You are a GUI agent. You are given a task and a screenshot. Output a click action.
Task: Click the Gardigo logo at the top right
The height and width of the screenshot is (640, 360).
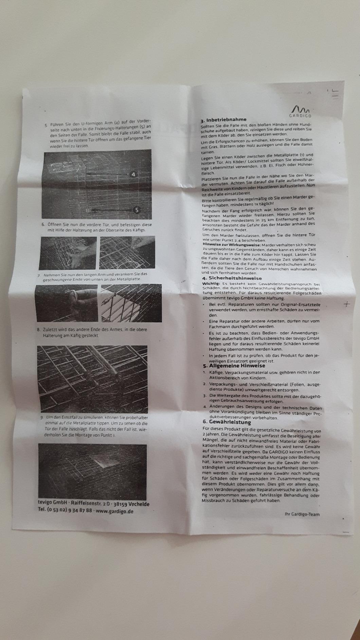coord(301,112)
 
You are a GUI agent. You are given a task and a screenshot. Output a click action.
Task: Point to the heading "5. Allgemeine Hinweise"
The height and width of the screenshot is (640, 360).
coord(234,366)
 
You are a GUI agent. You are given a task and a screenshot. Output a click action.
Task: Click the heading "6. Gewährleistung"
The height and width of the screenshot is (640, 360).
coord(227,422)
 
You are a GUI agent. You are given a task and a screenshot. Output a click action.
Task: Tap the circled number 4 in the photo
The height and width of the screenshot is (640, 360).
coord(133,174)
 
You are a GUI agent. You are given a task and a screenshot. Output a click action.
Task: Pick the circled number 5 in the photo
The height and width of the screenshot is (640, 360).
coord(137,210)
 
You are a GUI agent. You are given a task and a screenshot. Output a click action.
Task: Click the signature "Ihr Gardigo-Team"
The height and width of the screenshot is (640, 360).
coord(302,514)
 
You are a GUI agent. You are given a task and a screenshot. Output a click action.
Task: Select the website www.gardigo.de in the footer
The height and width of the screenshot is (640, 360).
coord(114,511)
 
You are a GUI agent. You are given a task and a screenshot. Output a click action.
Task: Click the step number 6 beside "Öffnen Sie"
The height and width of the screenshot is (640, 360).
coord(43,224)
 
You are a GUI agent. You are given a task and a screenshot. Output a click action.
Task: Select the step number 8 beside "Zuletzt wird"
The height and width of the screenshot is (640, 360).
coord(38,329)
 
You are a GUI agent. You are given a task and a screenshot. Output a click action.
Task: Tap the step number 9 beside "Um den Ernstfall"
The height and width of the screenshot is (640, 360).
coord(41,417)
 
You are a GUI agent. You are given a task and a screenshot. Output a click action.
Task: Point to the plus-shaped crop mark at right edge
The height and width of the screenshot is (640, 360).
coord(346,304)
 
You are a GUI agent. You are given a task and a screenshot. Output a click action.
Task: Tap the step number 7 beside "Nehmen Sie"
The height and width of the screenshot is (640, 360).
coord(39,275)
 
